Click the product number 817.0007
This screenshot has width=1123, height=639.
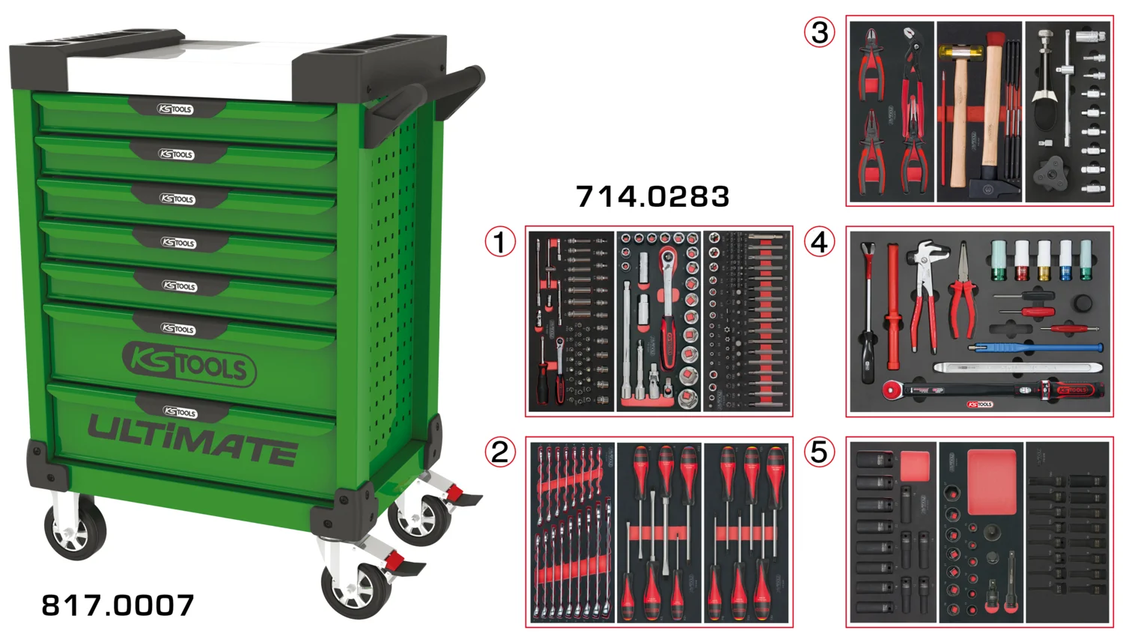pos(118,605)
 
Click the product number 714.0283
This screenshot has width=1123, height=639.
pos(652,197)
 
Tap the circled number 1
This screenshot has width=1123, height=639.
pos(500,242)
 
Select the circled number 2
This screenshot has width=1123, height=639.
pos(500,452)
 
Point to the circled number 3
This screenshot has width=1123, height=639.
pos(819,32)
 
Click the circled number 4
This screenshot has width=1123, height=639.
pos(819,242)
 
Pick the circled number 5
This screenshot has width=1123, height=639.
pos(819,452)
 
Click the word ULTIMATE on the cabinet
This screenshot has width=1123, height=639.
pos(192,440)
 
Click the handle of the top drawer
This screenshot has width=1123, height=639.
pos(176,109)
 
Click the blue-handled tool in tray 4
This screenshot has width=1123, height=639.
pos(1035,348)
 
